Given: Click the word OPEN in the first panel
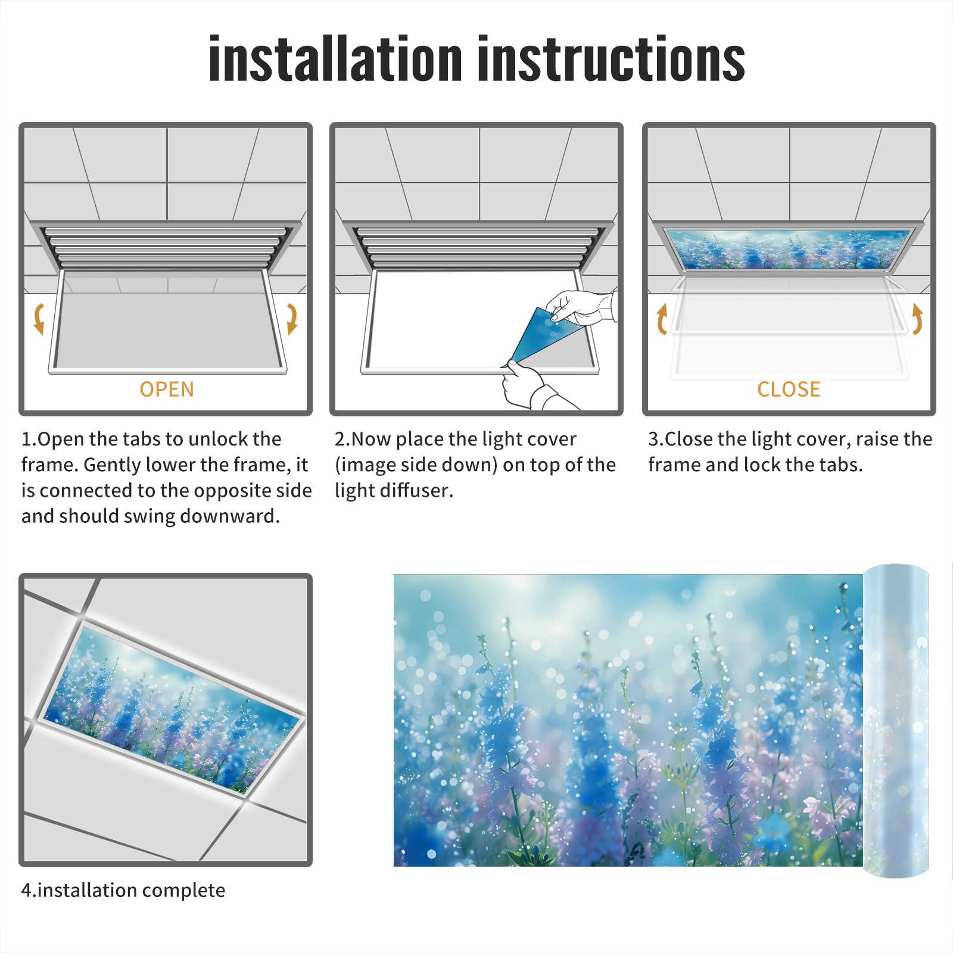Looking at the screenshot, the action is pos(167,389).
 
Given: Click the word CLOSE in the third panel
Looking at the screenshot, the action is pos(789,389).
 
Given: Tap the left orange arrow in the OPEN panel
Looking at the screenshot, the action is pos(39,319).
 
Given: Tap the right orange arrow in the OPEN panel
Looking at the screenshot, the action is pos(292,319).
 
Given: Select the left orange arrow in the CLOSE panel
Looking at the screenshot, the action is pos(661,319).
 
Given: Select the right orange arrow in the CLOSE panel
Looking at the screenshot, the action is pos(917,319).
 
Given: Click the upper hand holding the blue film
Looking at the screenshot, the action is pos(581,307).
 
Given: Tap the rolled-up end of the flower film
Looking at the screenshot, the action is pos(896,721).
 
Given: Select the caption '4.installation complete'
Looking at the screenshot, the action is pos(123,890).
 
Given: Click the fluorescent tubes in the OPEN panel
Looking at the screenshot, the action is pos(167,247).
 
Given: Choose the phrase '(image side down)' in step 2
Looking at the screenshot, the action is pos(416,465).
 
